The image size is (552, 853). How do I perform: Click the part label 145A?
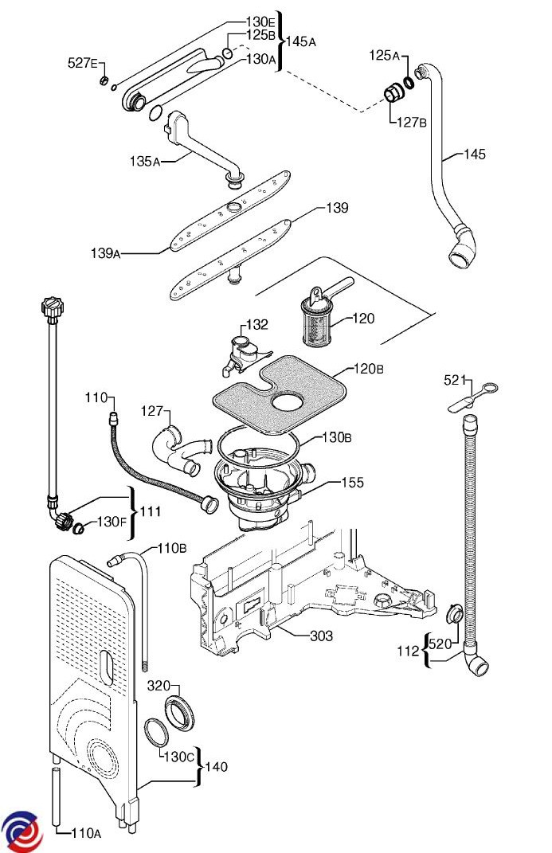pos(301,41)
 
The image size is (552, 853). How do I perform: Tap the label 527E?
pos(82,63)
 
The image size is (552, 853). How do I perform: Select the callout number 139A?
pos(105,253)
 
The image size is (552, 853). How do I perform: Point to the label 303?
pos(321,636)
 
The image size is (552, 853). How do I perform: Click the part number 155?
pos(353,483)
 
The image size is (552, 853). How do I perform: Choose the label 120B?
pos(368,369)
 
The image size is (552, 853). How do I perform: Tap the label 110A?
pos(86,833)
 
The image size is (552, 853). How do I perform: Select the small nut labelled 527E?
pos(102,81)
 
